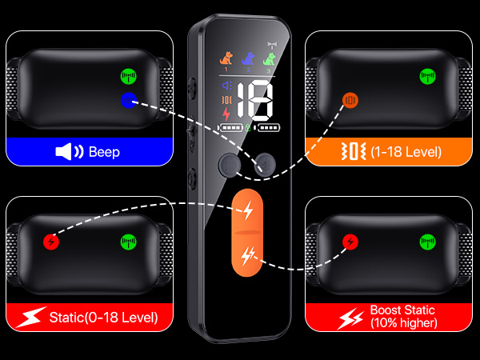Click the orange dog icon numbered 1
[x=226, y=58]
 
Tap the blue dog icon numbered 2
[x=248, y=58]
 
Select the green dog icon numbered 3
[x=270, y=58]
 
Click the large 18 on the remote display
[x=254, y=101]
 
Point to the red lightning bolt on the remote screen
[x=226, y=114]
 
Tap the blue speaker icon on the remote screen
[x=227, y=86]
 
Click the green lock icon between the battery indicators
[x=248, y=127]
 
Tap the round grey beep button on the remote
[x=265, y=166]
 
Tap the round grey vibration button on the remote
[x=230, y=166]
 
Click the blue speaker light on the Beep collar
[x=129, y=100]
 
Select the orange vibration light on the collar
[x=350, y=100]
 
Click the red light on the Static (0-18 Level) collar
[x=51, y=242]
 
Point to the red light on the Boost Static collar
[x=350, y=242]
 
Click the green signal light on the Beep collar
[x=129, y=76]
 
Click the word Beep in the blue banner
[x=104, y=152]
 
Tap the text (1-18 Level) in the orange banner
[x=406, y=151]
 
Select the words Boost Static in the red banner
[x=402, y=310]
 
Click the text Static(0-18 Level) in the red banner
[x=103, y=318]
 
